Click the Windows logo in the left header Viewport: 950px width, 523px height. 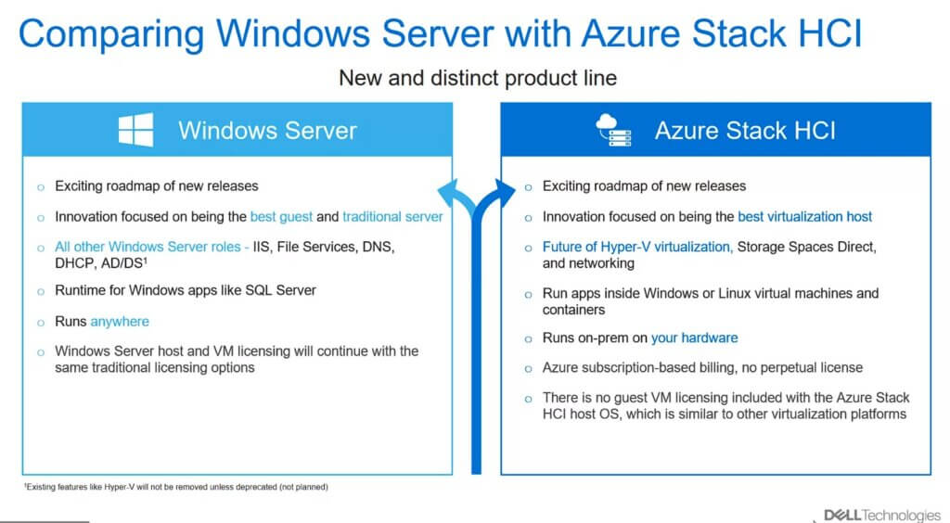[135, 130]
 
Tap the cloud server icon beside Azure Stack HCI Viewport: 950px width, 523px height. [613, 130]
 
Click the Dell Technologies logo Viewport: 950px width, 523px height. [882, 516]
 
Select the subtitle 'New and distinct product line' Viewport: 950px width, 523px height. [478, 78]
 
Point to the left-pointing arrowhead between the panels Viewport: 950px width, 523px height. [452, 193]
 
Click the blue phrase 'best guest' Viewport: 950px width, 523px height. [281, 217]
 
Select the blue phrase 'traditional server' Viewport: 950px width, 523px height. [392, 217]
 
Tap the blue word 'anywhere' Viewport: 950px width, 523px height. [120, 322]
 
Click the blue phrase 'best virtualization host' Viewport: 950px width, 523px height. [804, 217]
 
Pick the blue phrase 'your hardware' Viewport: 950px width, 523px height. [694, 338]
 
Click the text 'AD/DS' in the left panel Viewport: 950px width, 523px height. [123, 263]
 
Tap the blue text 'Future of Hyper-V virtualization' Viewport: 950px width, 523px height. [637, 247]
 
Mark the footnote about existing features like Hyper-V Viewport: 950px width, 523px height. [175, 487]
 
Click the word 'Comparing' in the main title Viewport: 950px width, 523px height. [111, 34]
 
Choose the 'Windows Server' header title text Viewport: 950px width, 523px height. [267, 131]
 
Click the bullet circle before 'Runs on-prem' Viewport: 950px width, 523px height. [528, 339]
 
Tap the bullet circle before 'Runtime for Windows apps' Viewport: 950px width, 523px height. [41, 292]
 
